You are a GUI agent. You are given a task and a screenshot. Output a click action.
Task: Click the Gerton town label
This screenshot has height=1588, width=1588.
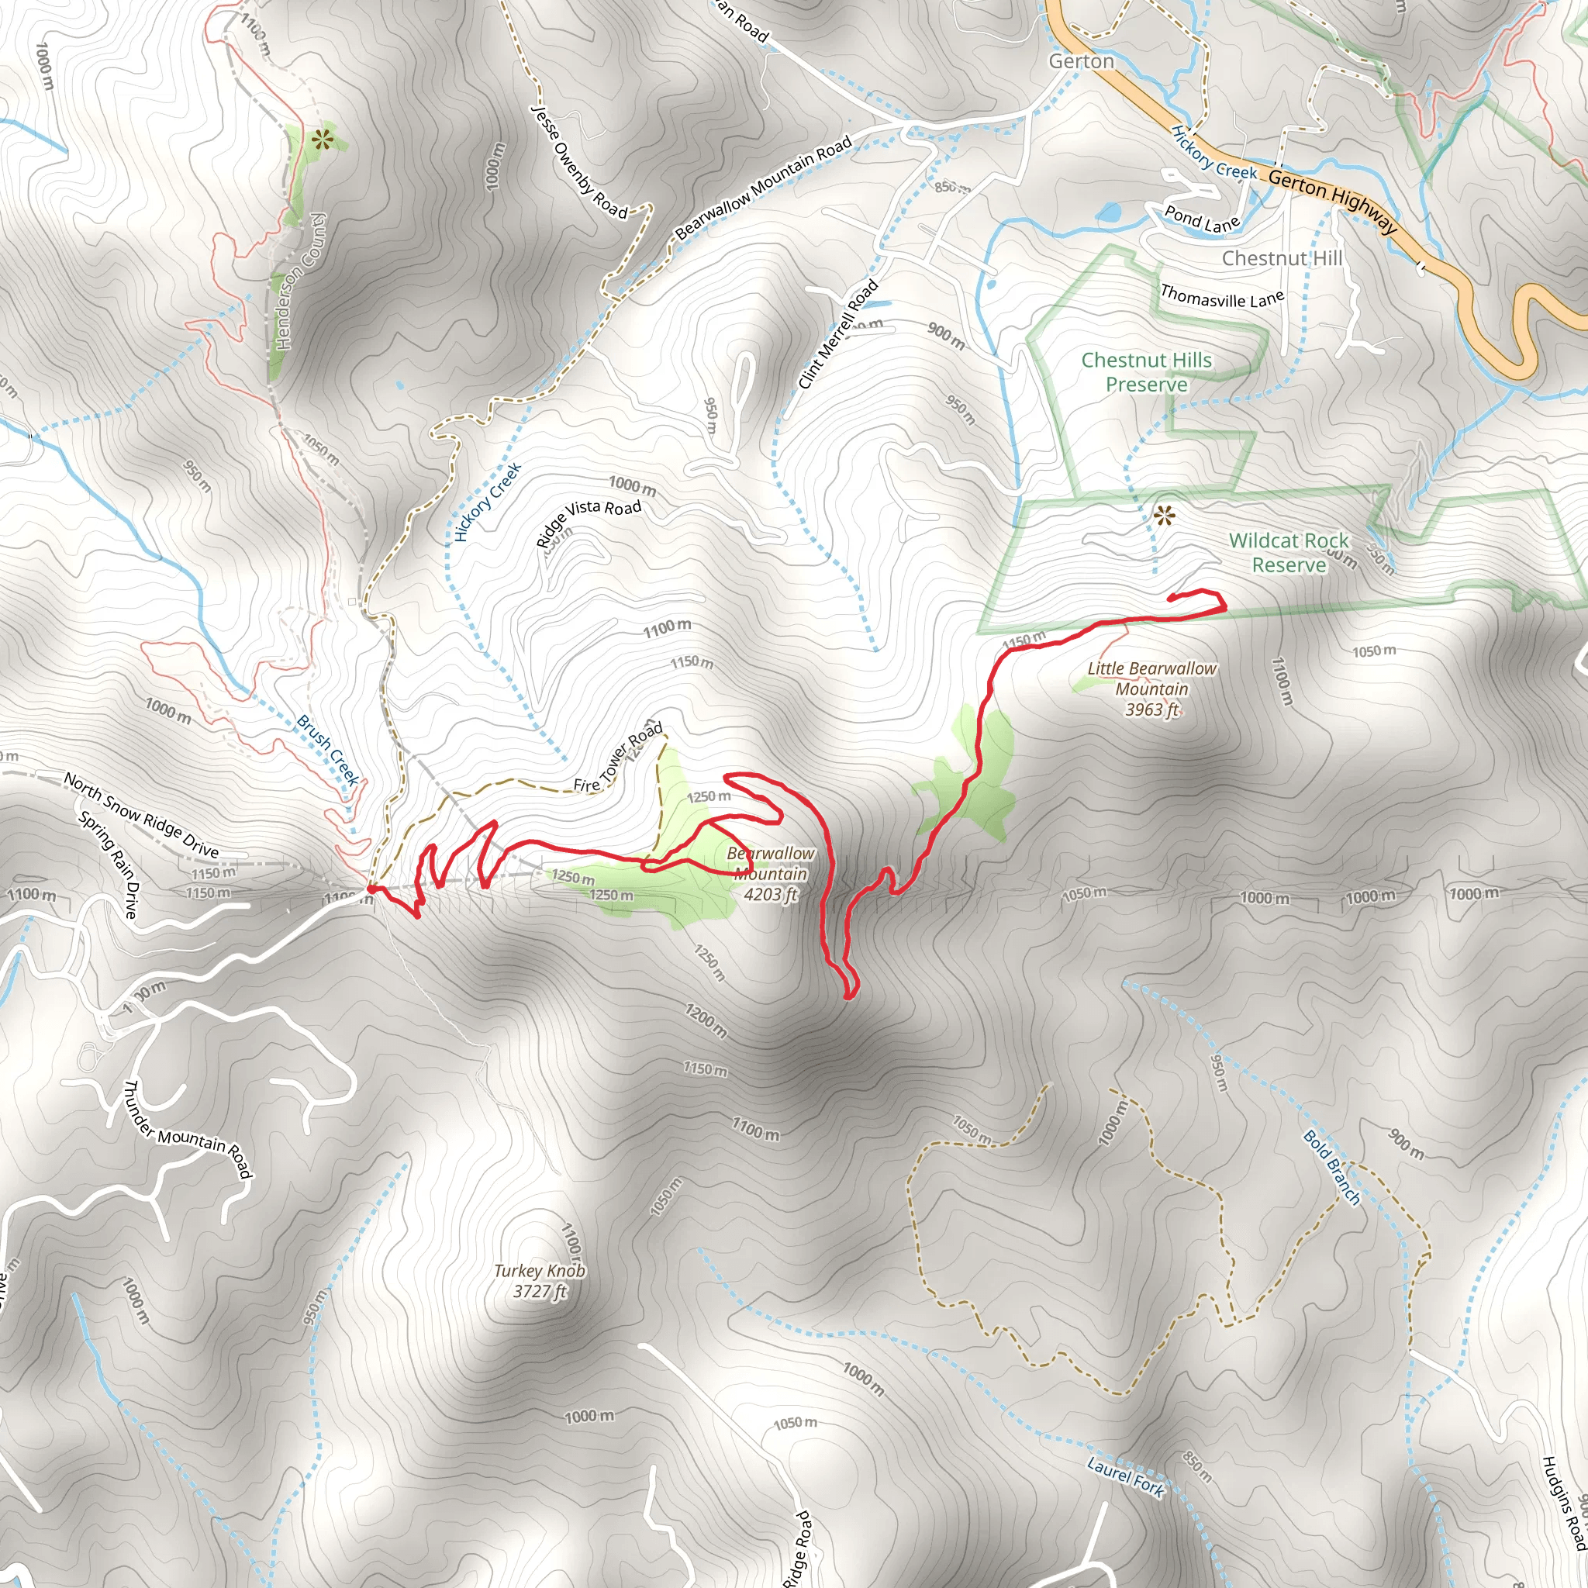pyautogui.click(x=1081, y=62)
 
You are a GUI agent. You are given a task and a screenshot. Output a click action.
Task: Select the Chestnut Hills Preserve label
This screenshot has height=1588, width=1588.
pyautogui.click(x=1146, y=372)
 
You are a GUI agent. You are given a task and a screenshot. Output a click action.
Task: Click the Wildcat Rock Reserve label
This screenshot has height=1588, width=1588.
pyautogui.click(x=1288, y=552)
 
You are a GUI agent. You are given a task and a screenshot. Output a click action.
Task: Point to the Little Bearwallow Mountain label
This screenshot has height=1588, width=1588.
pyautogui.click(x=1151, y=689)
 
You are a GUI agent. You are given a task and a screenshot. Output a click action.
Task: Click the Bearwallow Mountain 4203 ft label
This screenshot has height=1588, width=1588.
pyautogui.click(x=770, y=874)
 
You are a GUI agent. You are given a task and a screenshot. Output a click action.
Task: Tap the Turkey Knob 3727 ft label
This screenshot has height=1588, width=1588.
pyautogui.click(x=539, y=1281)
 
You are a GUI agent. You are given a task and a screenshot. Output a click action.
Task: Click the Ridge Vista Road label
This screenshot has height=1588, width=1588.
pyautogui.click(x=588, y=520)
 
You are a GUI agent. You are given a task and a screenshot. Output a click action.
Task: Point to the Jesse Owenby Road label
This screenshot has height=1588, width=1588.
pyautogui.click(x=578, y=163)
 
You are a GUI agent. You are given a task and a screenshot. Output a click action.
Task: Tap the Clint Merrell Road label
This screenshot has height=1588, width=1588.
pyautogui.click(x=837, y=334)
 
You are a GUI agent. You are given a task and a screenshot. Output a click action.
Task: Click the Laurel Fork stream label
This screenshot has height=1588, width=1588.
pyautogui.click(x=1125, y=1476)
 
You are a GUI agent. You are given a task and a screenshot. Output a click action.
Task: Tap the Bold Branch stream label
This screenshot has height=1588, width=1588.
pyautogui.click(x=1331, y=1167)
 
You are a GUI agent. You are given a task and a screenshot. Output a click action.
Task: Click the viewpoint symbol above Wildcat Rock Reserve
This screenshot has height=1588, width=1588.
pyautogui.click(x=1163, y=516)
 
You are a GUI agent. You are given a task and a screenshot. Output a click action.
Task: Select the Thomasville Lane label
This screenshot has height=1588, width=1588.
pyautogui.click(x=1221, y=296)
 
